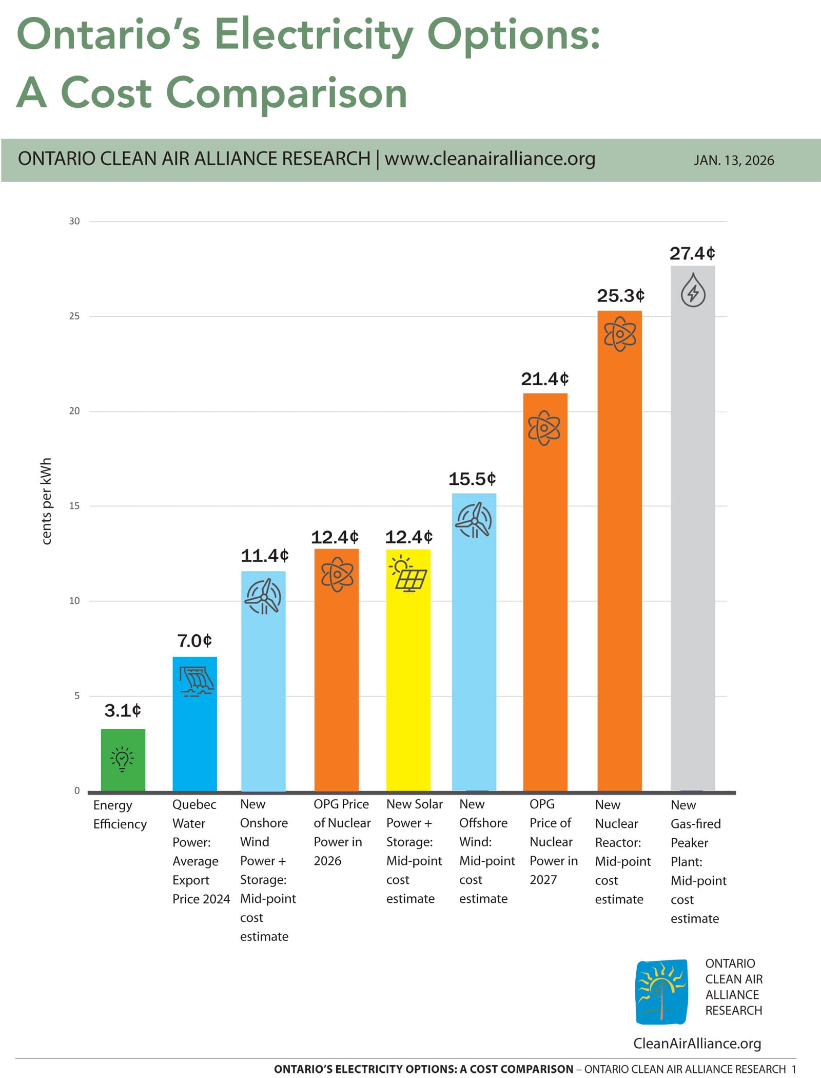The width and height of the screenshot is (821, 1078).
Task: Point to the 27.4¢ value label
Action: tap(692, 253)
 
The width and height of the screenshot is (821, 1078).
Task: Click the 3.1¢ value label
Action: tap(122, 710)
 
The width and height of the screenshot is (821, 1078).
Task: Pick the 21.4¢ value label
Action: tap(544, 379)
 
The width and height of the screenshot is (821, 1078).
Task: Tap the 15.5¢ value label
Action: tap(472, 479)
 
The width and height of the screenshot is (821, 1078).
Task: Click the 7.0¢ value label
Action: tap(194, 641)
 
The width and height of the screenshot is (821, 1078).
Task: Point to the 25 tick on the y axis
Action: tap(74, 316)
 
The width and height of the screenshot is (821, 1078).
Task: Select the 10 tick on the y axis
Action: tap(74, 600)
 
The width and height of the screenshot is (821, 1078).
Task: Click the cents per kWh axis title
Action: tap(46, 501)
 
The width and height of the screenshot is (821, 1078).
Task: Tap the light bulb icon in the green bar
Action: tap(122, 759)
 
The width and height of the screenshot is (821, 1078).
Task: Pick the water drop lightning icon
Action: tap(693, 291)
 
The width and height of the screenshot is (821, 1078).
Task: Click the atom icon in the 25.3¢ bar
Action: tap(619, 334)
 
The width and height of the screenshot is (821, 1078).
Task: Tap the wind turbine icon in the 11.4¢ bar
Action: tap(263, 596)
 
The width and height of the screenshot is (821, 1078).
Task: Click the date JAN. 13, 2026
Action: tap(733, 160)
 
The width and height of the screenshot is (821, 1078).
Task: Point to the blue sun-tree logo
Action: tap(661, 992)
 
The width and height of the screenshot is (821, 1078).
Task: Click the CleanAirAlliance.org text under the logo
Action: tap(697, 1043)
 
